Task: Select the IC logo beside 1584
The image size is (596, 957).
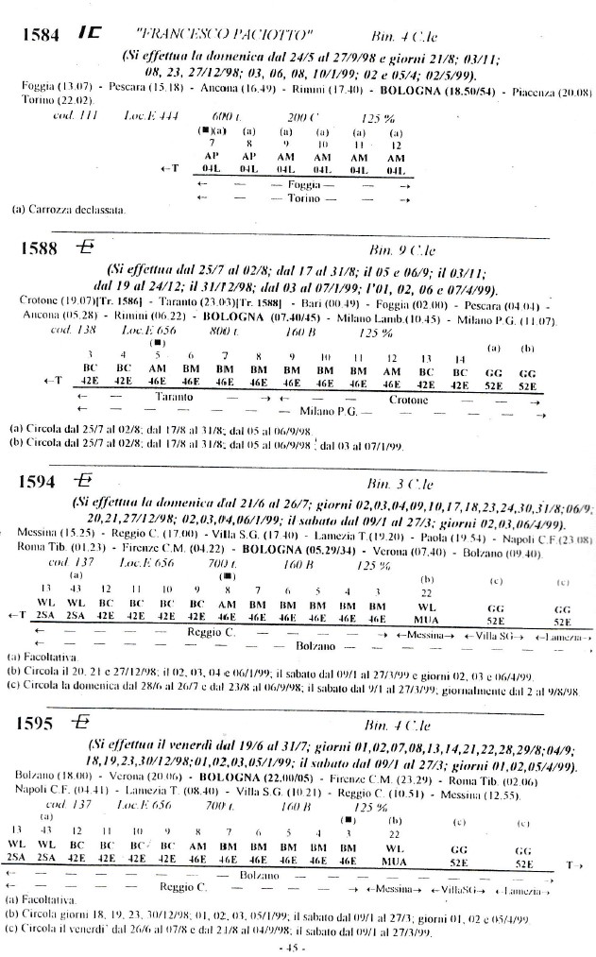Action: point(91,33)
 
